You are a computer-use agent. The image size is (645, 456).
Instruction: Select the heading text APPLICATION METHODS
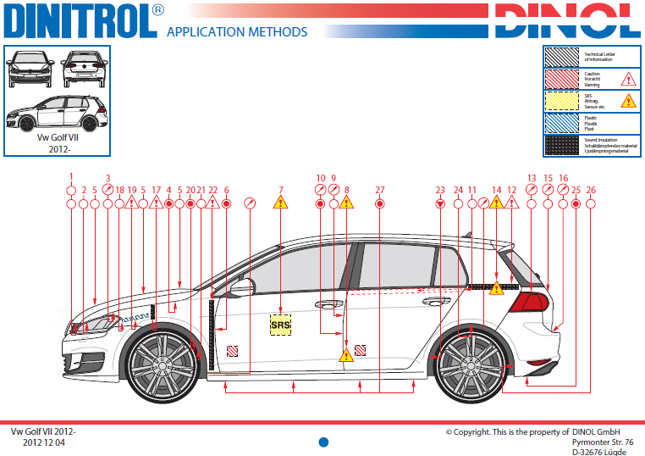(x=237, y=32)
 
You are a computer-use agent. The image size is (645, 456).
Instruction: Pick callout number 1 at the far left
(x=72, y=178)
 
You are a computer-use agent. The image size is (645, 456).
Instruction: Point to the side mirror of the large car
(x=240, y=287)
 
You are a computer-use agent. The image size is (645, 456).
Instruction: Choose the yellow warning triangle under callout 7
(x=280, y=203)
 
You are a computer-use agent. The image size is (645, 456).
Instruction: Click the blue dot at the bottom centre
(x=322, y=442)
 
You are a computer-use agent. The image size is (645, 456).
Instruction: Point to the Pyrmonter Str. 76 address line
(x=603, y=442)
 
